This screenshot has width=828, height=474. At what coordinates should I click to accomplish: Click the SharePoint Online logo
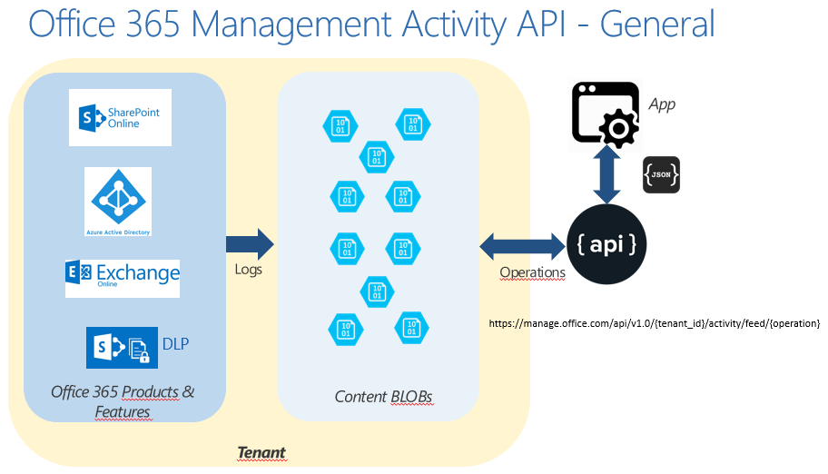(x=120, y=117)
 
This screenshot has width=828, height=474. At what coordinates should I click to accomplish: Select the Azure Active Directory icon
(x=118, y=202)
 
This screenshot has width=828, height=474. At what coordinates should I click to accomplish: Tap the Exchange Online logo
(x=123, y=278)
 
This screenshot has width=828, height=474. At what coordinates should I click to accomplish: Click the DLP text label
(x=175, y=344)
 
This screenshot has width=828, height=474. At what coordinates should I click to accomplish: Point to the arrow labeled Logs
(x=250, y=244)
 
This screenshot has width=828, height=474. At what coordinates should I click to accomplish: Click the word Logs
(x=248, y=270)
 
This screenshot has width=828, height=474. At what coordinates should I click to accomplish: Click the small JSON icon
(x=661, y=174)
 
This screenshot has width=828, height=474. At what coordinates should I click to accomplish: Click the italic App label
(x=662, y=104)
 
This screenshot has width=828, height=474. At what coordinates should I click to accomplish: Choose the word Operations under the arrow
(x=532, y=272)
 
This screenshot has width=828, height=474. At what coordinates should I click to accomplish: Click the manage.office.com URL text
(x=655, y=323)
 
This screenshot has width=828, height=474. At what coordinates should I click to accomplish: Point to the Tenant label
(x=261, y=451)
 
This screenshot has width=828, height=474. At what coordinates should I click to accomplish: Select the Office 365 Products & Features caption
(x=123, y=402)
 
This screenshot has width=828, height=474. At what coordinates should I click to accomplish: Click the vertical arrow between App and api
(x=606, y=175)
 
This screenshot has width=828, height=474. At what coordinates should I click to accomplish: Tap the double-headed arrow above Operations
(x=522, y=245)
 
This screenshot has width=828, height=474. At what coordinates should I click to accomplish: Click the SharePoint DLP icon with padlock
(x=122, y=349)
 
